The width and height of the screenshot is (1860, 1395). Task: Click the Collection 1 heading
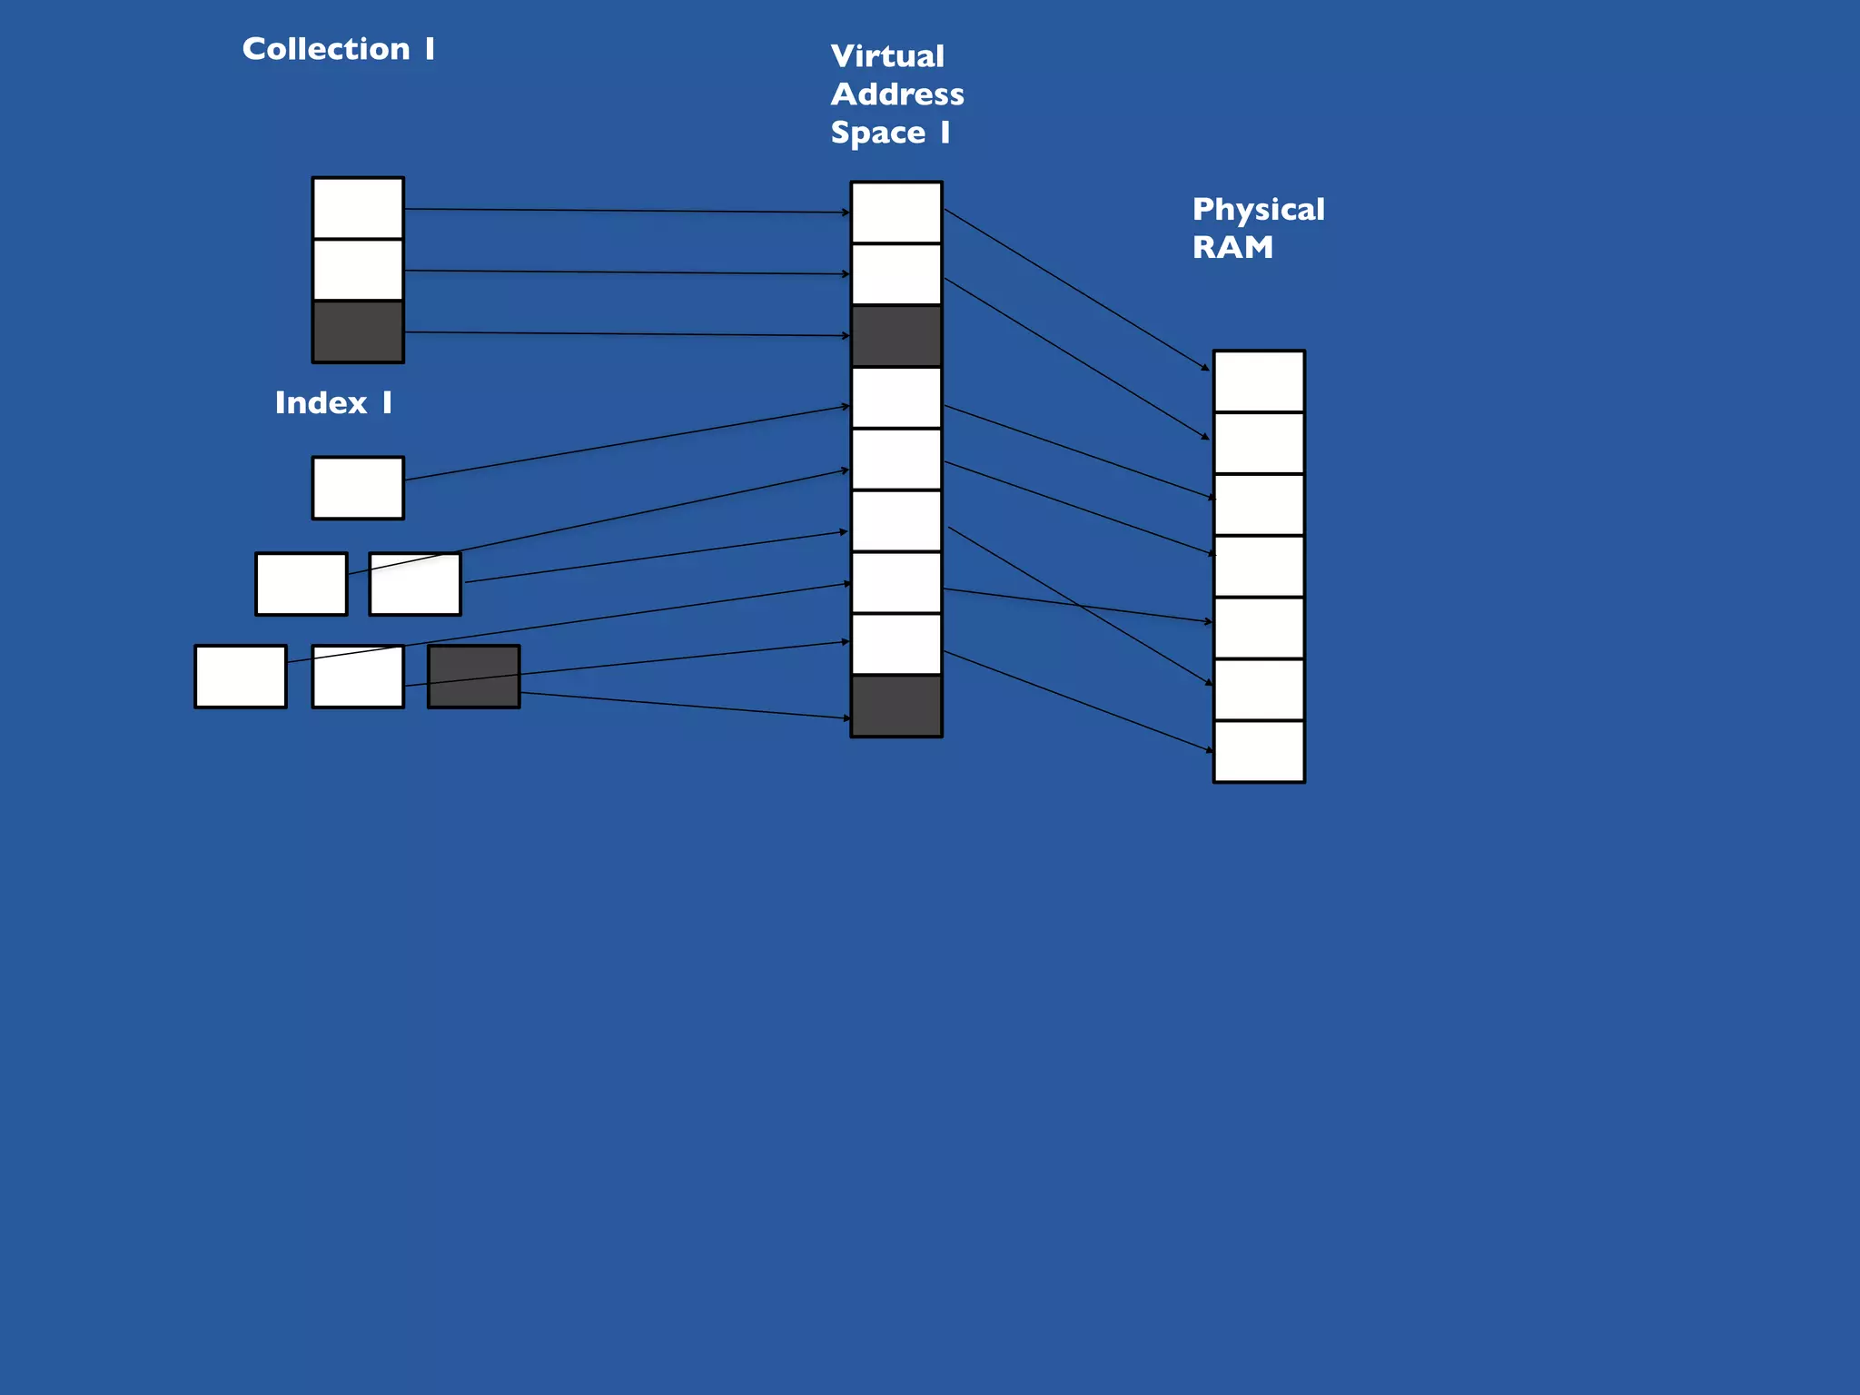click(338, 49)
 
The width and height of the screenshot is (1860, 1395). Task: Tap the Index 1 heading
click(333, 402)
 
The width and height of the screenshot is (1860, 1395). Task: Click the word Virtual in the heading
click(887, 56)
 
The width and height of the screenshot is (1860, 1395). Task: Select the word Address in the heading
click(897, 94)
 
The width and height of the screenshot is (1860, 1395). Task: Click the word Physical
click(1258, 210)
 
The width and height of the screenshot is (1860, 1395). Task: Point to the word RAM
click(1232, 248)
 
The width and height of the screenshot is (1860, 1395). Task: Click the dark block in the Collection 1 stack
click(358, 332)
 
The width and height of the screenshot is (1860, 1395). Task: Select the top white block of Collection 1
click(358, 208)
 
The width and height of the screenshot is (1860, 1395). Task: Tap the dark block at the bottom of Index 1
click(473, 677)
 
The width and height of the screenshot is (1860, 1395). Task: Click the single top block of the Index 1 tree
click(358, 488)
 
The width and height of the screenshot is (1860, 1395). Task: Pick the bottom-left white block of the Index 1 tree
click(240, 677)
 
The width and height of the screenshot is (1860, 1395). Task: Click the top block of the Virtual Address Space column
click(895, 213)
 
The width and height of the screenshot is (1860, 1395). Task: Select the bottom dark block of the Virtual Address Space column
click(895, 706)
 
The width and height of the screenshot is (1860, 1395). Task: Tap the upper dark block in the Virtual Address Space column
click(895, 336)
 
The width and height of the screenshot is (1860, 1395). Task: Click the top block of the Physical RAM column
click(1259, 381)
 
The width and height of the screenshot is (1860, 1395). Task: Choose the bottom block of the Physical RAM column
click(1259, 752)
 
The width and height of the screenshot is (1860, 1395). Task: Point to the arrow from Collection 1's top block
click(627, 211)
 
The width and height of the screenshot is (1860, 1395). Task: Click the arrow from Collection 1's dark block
click(627, 334)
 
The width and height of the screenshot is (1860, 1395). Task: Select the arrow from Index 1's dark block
click(681, 706)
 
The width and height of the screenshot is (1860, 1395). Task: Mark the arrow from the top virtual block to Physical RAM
click(1076, 290)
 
